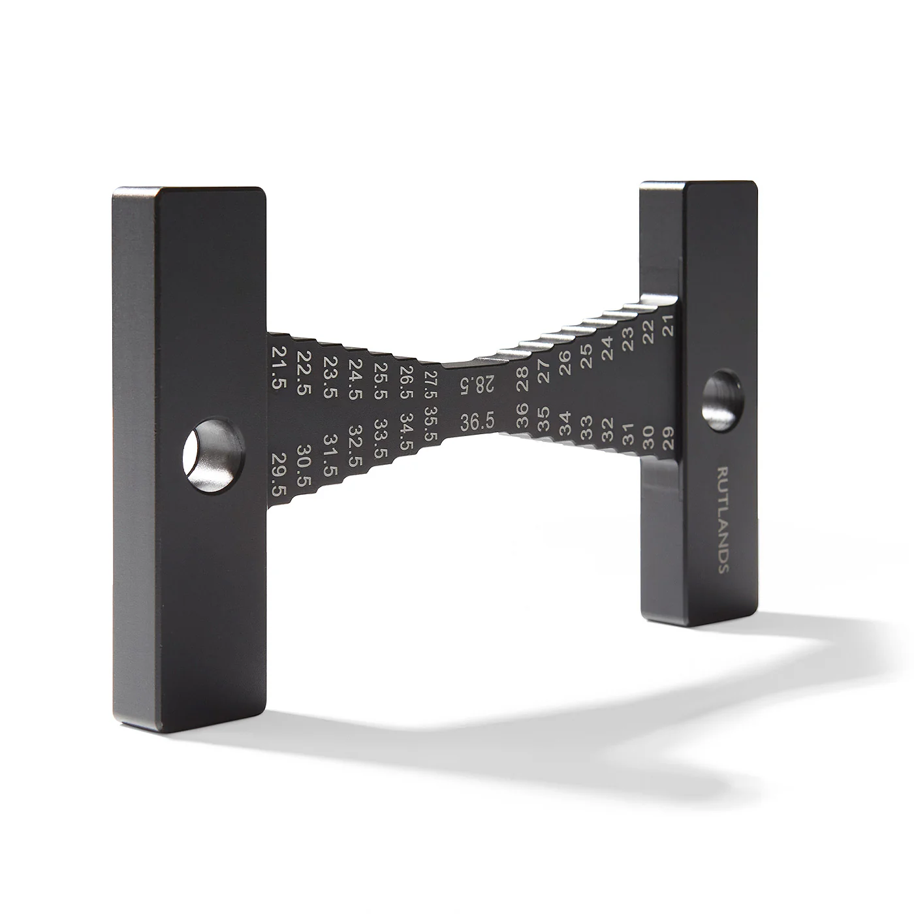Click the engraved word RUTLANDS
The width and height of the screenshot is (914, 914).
723,520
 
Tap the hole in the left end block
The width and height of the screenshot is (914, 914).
213,456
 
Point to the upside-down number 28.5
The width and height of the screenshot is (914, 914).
477,384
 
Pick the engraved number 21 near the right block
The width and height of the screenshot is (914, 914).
668,325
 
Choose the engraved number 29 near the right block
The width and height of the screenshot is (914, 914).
668,438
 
